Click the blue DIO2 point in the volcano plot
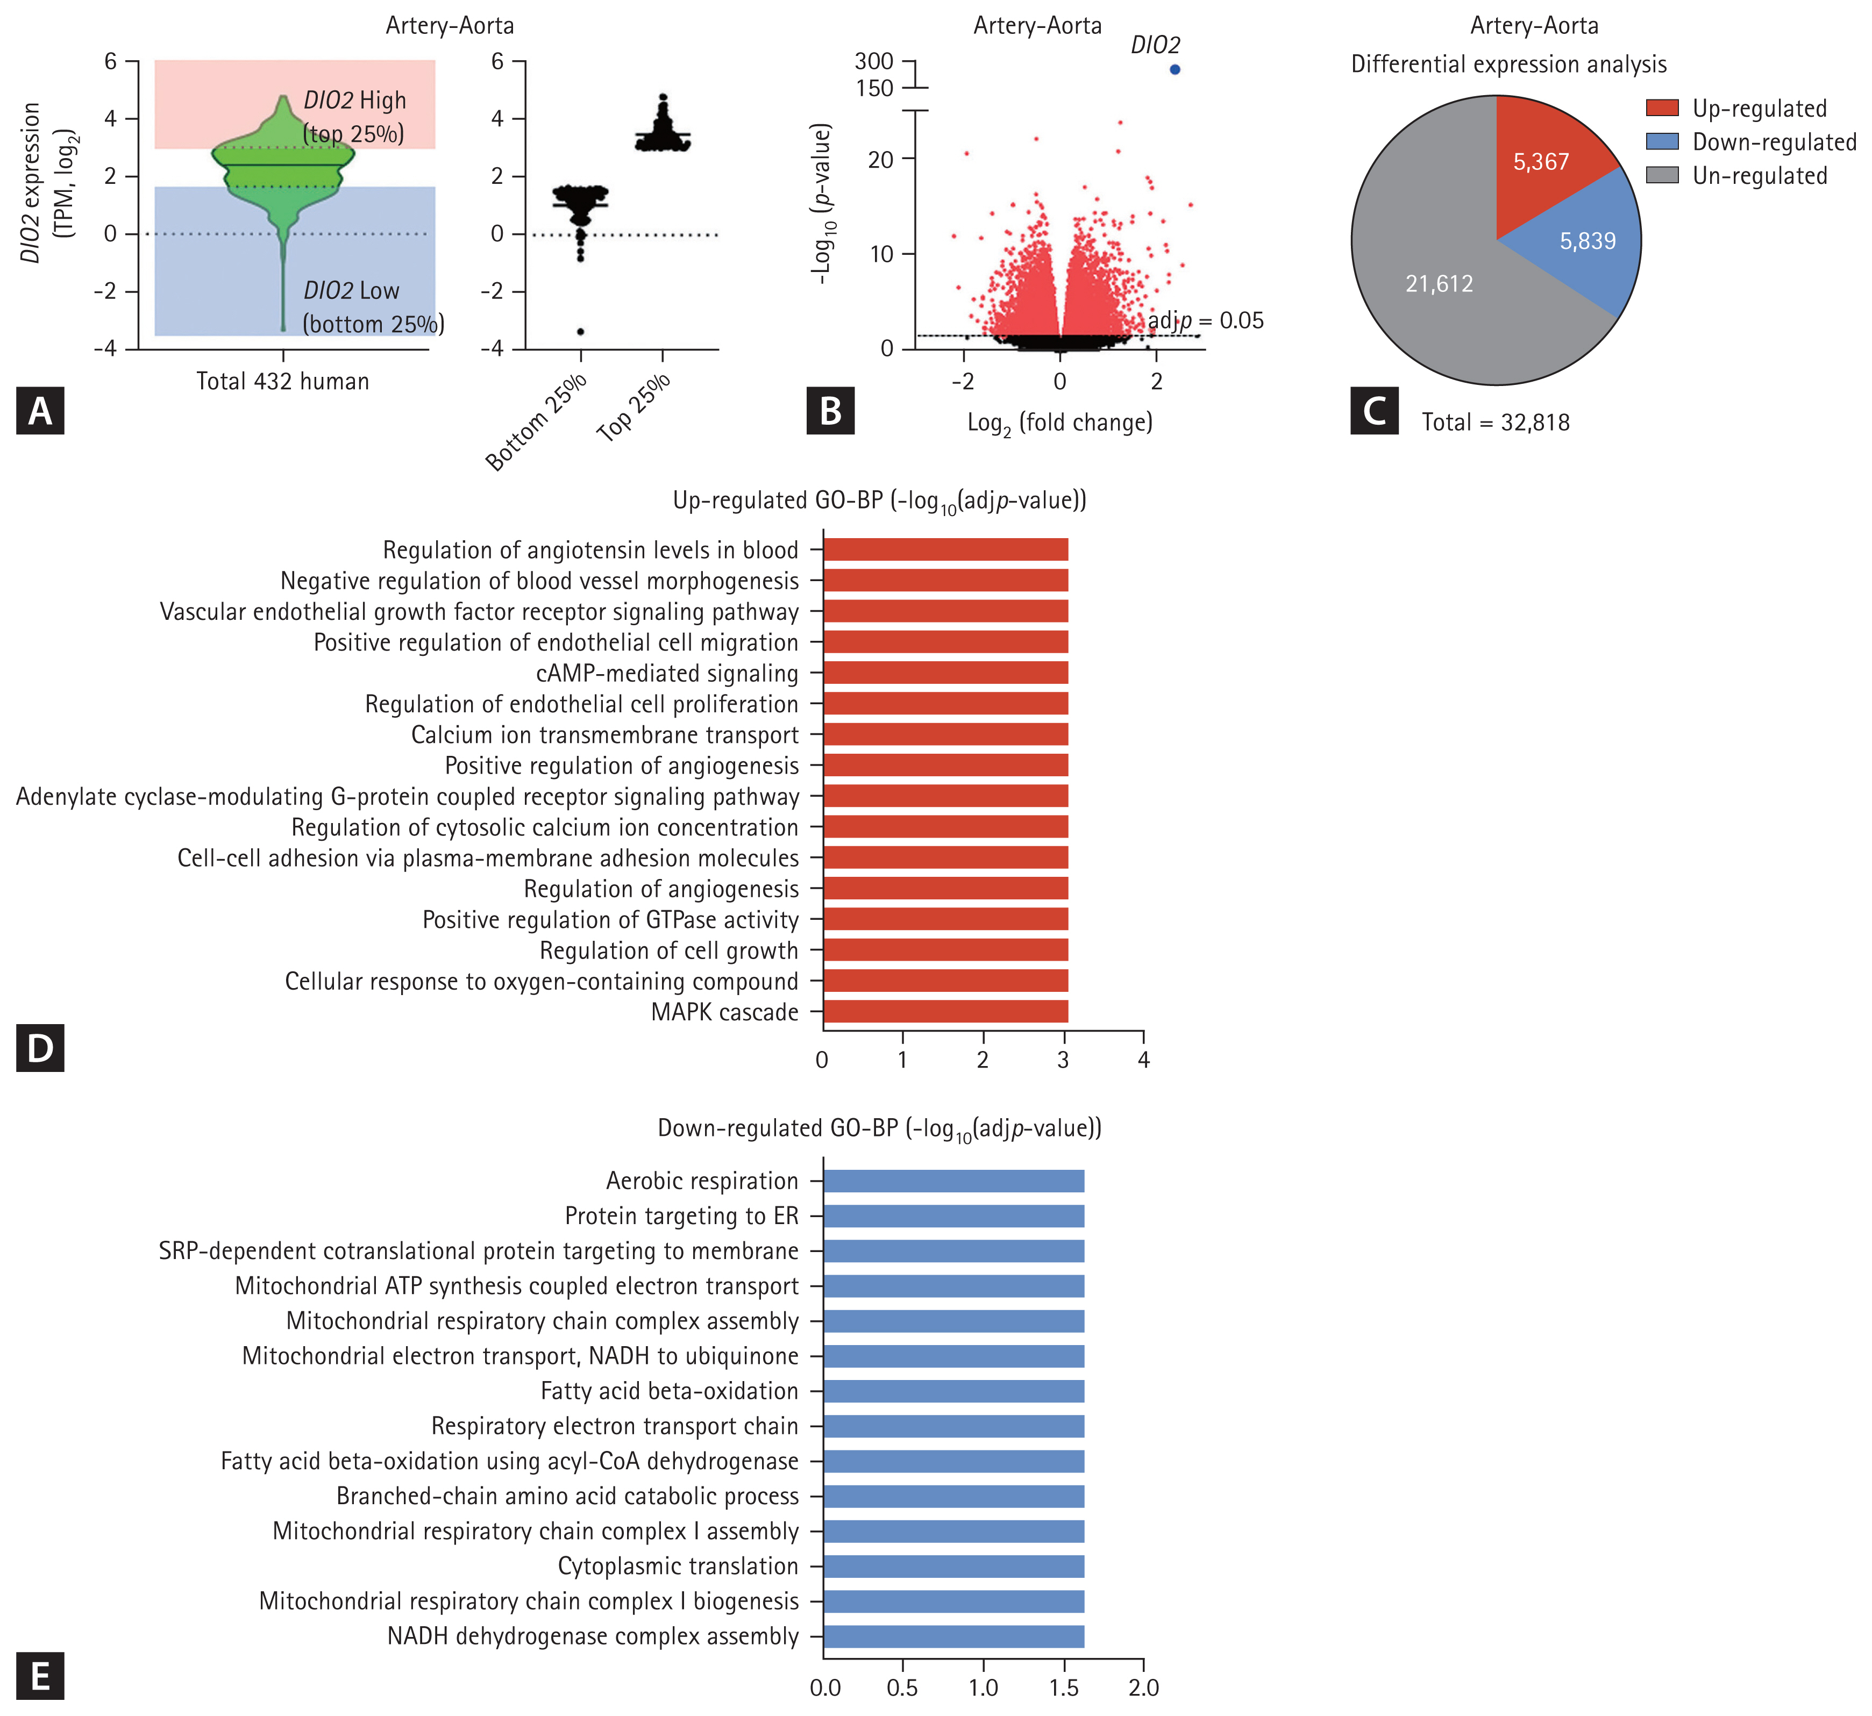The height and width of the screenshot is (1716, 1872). tap(1175, 70)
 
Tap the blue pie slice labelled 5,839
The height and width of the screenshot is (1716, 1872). tap(1584, 244)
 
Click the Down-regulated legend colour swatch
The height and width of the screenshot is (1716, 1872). tap(1662, 142)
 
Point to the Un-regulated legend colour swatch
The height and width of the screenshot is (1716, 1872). tap(1662, 175)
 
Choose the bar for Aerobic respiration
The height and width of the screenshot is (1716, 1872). tap(953, 1181)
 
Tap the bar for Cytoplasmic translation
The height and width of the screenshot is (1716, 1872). tap(953, 1567)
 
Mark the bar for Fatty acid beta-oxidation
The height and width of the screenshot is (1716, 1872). tap(953, 1391)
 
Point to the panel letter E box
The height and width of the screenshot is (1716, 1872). tap(40, 1677)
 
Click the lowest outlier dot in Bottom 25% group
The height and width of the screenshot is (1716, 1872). tap(581, 332)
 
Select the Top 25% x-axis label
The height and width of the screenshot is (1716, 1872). tap(634, 409)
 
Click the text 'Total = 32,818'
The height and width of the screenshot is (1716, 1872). tap(1495, 423)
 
